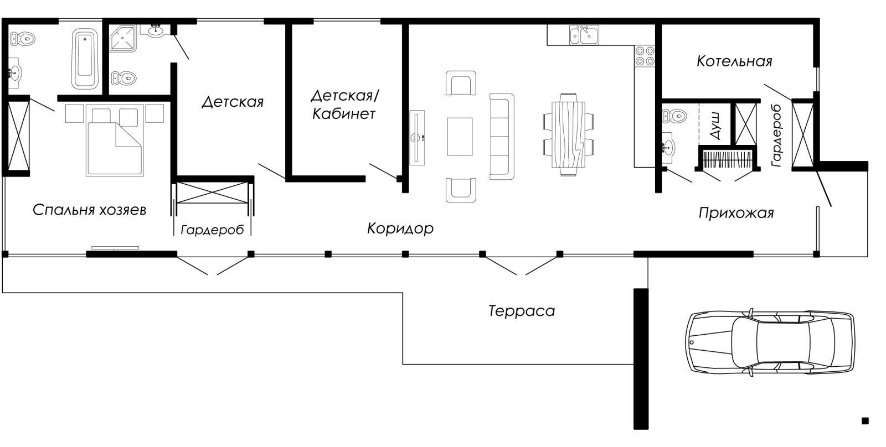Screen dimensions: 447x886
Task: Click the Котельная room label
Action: pyautogui.click(x=734, y=61)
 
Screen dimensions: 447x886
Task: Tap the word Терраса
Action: pyautogui.click(x=521, y=311)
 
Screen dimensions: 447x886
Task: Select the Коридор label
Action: pyautogui.click(x=400, y=228)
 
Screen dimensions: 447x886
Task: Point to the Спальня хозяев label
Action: pyautogui.click(x=89, y=210)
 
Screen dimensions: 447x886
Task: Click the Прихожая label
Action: pyautogui.click(x=735, y=213)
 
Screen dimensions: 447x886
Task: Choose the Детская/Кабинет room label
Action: pyautogui.click(x=344, y=105)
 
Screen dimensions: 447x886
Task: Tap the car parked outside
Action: pyautogui.click(x=770, y=343)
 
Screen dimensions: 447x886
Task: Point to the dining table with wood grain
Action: pyautogui.click(x=569, y=134)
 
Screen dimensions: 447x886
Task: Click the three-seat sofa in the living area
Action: pyautogui.click(x=501, y=136)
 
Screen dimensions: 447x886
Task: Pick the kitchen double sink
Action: pyautogui.click(x=584, y=35)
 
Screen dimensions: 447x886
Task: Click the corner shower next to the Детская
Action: pyautogui.click(x=122, y=38)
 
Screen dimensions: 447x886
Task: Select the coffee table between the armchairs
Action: pyautogui.click(x=460, y=137)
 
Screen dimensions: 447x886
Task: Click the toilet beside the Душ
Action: pyautogui.click(x=673, y=116)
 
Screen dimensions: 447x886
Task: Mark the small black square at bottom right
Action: pyautogui.click(x=865, y=421)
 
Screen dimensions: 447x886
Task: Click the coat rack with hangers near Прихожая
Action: pyautogui.click(x=725, y=159)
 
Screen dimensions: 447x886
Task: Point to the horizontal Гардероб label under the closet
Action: pyautogui.click(x=212, y=230)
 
